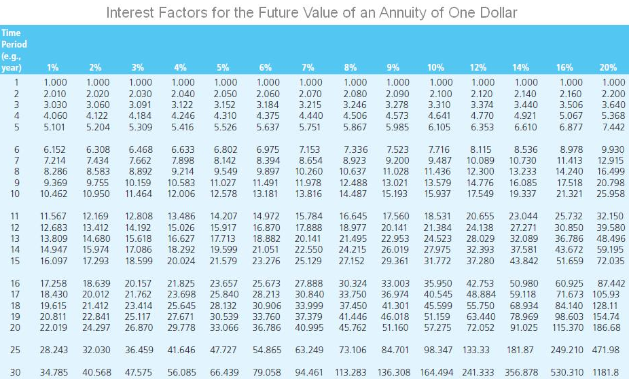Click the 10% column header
click(435, 67)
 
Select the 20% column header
click(609, 67)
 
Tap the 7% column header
click(308, 67)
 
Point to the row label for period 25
click(15, 350)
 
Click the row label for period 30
click(15, 372)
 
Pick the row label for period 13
click(15, 238)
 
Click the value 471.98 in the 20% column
click(605, 350)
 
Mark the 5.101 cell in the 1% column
click(54, 126)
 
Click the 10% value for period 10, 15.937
click(438, 194)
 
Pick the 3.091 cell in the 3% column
click(139, 105)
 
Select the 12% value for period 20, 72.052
click(480, 327)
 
